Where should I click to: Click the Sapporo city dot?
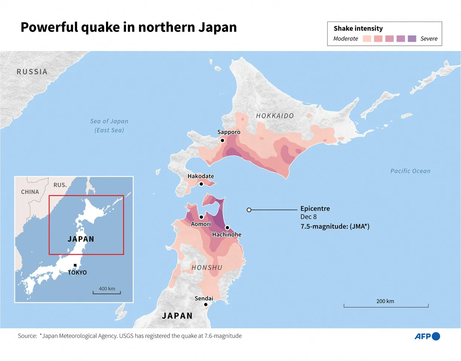(222, 140)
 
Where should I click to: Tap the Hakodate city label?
(201, 176)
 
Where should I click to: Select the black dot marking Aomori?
(201, 217)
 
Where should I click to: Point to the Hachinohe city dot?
(227, 228)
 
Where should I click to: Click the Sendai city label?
(204, 298)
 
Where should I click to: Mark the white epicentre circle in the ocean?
(249, 210)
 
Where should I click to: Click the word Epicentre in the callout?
(315, 208)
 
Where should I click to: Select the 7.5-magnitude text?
(335, 226)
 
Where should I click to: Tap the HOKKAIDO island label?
(275, 116)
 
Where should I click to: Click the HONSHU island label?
(207, 268)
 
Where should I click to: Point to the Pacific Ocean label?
(410, 171)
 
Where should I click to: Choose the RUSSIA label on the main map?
(32, 72)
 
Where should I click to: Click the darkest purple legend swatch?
(412, 39)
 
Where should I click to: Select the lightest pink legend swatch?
(367, 39)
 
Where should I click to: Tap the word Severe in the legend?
(429, 39)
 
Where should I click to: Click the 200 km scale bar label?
(385, 301)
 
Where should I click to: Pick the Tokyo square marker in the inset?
(75, 265)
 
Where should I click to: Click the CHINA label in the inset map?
(30, 192)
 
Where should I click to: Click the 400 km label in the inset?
(107, 288)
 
